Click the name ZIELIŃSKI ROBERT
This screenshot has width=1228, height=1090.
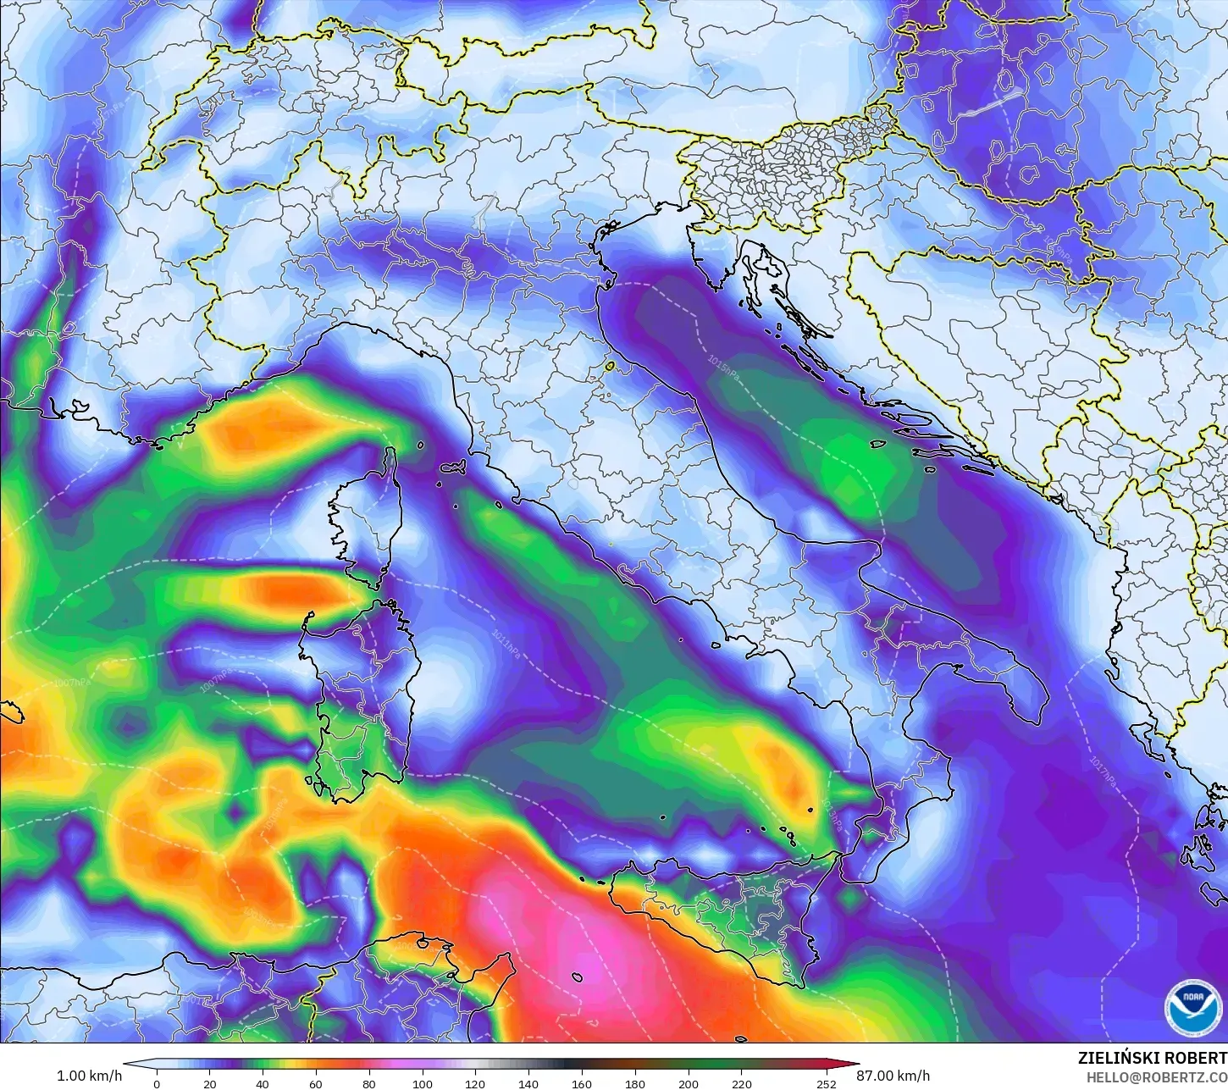click(x=1152, y=1058)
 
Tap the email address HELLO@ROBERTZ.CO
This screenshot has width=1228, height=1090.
click(x=1157, y=1076)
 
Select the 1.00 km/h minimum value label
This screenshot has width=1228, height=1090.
click(x=89, y=1076)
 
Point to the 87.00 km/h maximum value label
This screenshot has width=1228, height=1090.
click(x=893, y=1076)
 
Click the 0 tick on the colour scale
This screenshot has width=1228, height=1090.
click(x=157, y=1083)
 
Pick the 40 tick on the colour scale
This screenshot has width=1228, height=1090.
click(x=263, y=1083)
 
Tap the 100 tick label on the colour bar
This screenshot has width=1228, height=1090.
click(x=422, y=1083)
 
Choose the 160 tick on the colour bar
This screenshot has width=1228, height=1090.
click(x=582, y=1083)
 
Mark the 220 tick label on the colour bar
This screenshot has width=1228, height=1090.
click(x=741, y=1083)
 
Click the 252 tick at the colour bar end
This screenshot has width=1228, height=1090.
click(x=826, y=1083)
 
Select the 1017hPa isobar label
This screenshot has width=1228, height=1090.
click(x=1102, y=771)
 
